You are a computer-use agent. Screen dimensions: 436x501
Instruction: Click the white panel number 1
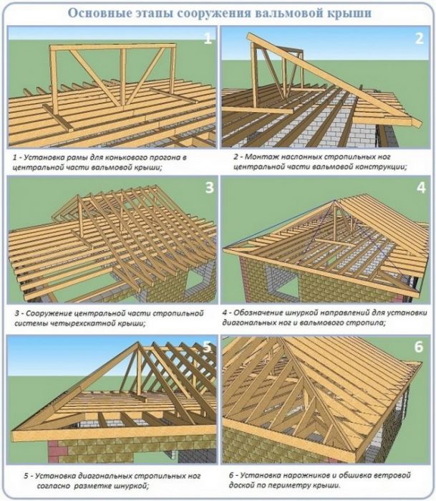pos(208,39)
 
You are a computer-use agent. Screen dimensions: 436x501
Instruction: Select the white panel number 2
pos(419,38)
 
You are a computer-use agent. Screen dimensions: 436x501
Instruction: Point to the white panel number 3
pos(209,187)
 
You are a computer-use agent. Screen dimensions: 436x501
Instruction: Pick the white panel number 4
pos(421,188)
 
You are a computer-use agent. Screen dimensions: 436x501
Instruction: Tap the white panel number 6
pos(419,347)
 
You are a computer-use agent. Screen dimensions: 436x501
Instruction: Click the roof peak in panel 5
pos(138,343)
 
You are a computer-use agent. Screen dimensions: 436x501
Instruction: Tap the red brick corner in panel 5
pos(58,452)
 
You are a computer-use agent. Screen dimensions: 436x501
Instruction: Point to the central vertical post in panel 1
pos(123,77)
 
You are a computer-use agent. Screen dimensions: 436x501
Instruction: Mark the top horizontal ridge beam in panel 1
pos(112,47)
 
